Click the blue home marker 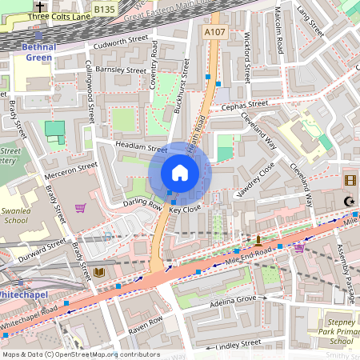(180, 173)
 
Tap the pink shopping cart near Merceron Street (80, 208)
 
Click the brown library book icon (99, 273)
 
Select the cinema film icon (350, 180)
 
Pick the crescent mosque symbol (348, 202)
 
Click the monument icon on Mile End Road (258, 239)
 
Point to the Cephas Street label (244, 106)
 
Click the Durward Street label (45, 246)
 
